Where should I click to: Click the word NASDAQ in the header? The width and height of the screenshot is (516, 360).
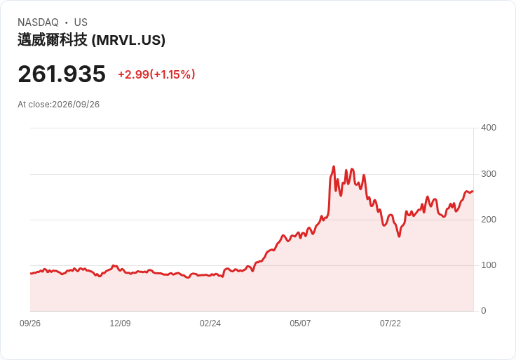(x=38, y=22)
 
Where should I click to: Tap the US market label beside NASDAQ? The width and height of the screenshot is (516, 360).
(x=81, y=22)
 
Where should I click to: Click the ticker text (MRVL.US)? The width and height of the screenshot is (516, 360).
(x=128, y=40)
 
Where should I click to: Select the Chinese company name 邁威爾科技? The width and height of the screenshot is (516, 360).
(x=53, y=40)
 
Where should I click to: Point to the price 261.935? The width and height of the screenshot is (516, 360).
(x=62, y=74)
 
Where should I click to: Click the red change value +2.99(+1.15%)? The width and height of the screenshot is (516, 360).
(x=156, y=74)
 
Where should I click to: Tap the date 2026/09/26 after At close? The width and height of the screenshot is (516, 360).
(x=76, y=105)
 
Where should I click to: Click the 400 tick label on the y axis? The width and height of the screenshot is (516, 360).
(x=489, y=128)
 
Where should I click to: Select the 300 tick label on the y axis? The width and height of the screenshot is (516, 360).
(x=489, y=174)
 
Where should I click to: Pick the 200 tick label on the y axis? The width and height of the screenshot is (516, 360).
(x=489, y=220)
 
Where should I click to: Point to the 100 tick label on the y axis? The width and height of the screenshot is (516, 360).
(x=489, y=265)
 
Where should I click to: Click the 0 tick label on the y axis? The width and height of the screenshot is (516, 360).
(x=484, y=311)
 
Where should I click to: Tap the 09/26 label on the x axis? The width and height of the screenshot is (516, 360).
(x=30, y=324)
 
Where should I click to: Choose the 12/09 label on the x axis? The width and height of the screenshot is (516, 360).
(x=120, y=324)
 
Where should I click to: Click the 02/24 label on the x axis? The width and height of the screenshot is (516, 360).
(x=210, y=324)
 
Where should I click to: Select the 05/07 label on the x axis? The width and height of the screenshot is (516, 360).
(x=300, y=324)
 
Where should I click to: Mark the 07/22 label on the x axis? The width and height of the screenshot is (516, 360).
(x=391, y=324)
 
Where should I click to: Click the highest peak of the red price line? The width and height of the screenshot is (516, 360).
(x=334, y=166)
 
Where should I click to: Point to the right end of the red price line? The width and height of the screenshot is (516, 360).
(x=473, y=192)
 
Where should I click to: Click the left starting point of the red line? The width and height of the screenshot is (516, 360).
(x=31, y=274)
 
